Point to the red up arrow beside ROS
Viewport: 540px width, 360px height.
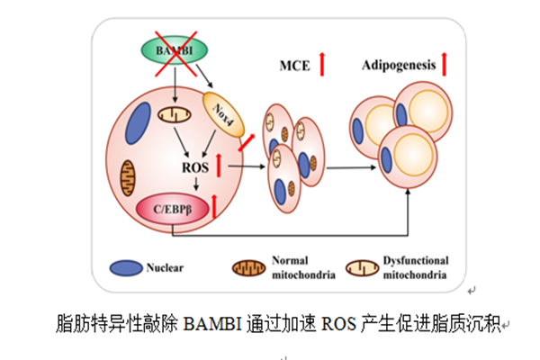tap(218, 166)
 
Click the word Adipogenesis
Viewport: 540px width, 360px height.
tap(399, 65)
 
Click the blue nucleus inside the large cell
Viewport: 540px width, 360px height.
tap(140, 121)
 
